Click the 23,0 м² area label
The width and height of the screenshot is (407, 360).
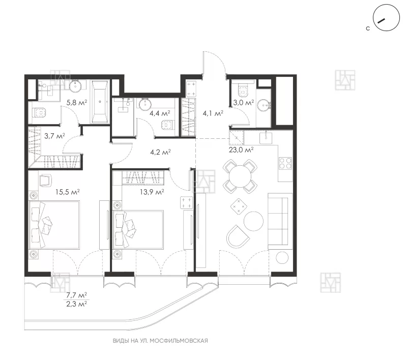click(241, 149)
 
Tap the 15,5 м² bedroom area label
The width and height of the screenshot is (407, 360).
click(68, 192)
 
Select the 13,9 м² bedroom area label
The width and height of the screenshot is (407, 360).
click(152, 192)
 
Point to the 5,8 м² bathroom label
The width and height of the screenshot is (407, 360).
click(77, 102)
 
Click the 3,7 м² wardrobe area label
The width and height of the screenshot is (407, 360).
click(54, 136)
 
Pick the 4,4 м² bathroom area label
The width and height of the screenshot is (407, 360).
click(160, 113)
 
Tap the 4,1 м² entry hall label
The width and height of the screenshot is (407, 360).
click(213, 113)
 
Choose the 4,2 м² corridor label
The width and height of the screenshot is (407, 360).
click(160, 152)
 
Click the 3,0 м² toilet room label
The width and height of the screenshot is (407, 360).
click(244, 102)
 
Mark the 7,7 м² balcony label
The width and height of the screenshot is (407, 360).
click(77, 295)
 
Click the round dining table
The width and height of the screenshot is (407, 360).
click(240, 176)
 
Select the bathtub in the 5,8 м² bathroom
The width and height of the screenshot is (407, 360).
click(99, 101)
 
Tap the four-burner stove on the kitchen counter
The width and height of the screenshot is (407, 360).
click(285, 163)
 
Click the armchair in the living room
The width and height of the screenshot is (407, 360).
click(238, 236)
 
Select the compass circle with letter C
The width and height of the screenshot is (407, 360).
click(386, 18)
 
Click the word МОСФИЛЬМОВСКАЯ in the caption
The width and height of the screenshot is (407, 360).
click(179, 341)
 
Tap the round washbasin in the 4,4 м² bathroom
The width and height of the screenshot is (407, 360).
click(145, 105)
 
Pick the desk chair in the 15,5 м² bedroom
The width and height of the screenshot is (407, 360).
click(46, 181)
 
